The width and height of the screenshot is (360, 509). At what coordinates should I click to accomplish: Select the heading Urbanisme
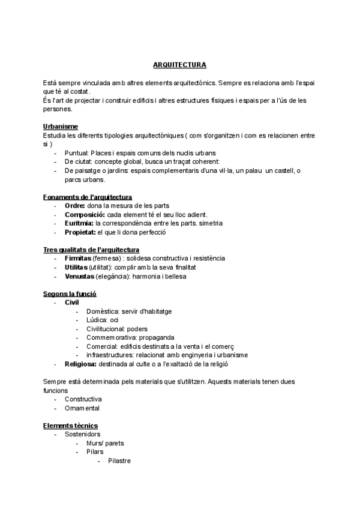60,127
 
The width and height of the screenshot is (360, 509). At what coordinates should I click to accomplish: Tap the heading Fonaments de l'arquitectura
88,197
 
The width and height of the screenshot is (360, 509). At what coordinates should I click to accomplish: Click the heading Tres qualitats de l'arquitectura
92,250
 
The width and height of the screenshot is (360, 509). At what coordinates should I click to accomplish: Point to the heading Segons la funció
70,294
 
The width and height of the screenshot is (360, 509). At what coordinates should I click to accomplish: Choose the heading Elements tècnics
70,426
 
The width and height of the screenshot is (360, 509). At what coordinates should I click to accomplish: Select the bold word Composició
85,214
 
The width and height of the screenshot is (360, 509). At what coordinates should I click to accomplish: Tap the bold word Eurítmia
79,223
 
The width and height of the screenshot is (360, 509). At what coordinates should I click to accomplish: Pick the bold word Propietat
80,232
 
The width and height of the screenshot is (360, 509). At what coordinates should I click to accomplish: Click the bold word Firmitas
78,258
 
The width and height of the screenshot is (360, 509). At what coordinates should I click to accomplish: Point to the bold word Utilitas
76,267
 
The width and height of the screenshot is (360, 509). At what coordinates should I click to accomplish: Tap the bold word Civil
72,303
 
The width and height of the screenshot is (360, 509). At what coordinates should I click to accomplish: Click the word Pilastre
119,461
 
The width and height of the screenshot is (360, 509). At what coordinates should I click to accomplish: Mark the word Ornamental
82,408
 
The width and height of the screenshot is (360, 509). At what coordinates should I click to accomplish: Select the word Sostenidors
83,434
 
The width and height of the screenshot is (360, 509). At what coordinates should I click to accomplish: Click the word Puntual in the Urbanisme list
76,153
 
